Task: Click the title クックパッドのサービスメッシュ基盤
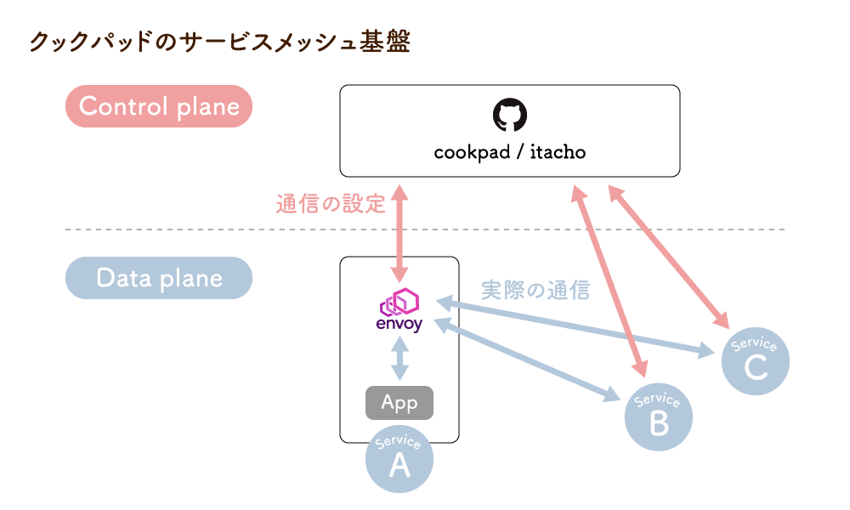[219, 42]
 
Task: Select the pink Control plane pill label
[159, 106]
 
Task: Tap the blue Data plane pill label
[159, 278]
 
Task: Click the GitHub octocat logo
[510, 116]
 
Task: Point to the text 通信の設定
[331, 204]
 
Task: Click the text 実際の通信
[535, 290]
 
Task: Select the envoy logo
[399, 310]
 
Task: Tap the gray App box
[399, 403]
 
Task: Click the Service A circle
[399, 459]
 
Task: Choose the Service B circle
[659, 416]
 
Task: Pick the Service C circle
[755, 361]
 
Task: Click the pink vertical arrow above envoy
[399, 234]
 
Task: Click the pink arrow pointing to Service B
[609, 280]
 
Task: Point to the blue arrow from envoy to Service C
[578, 326]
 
